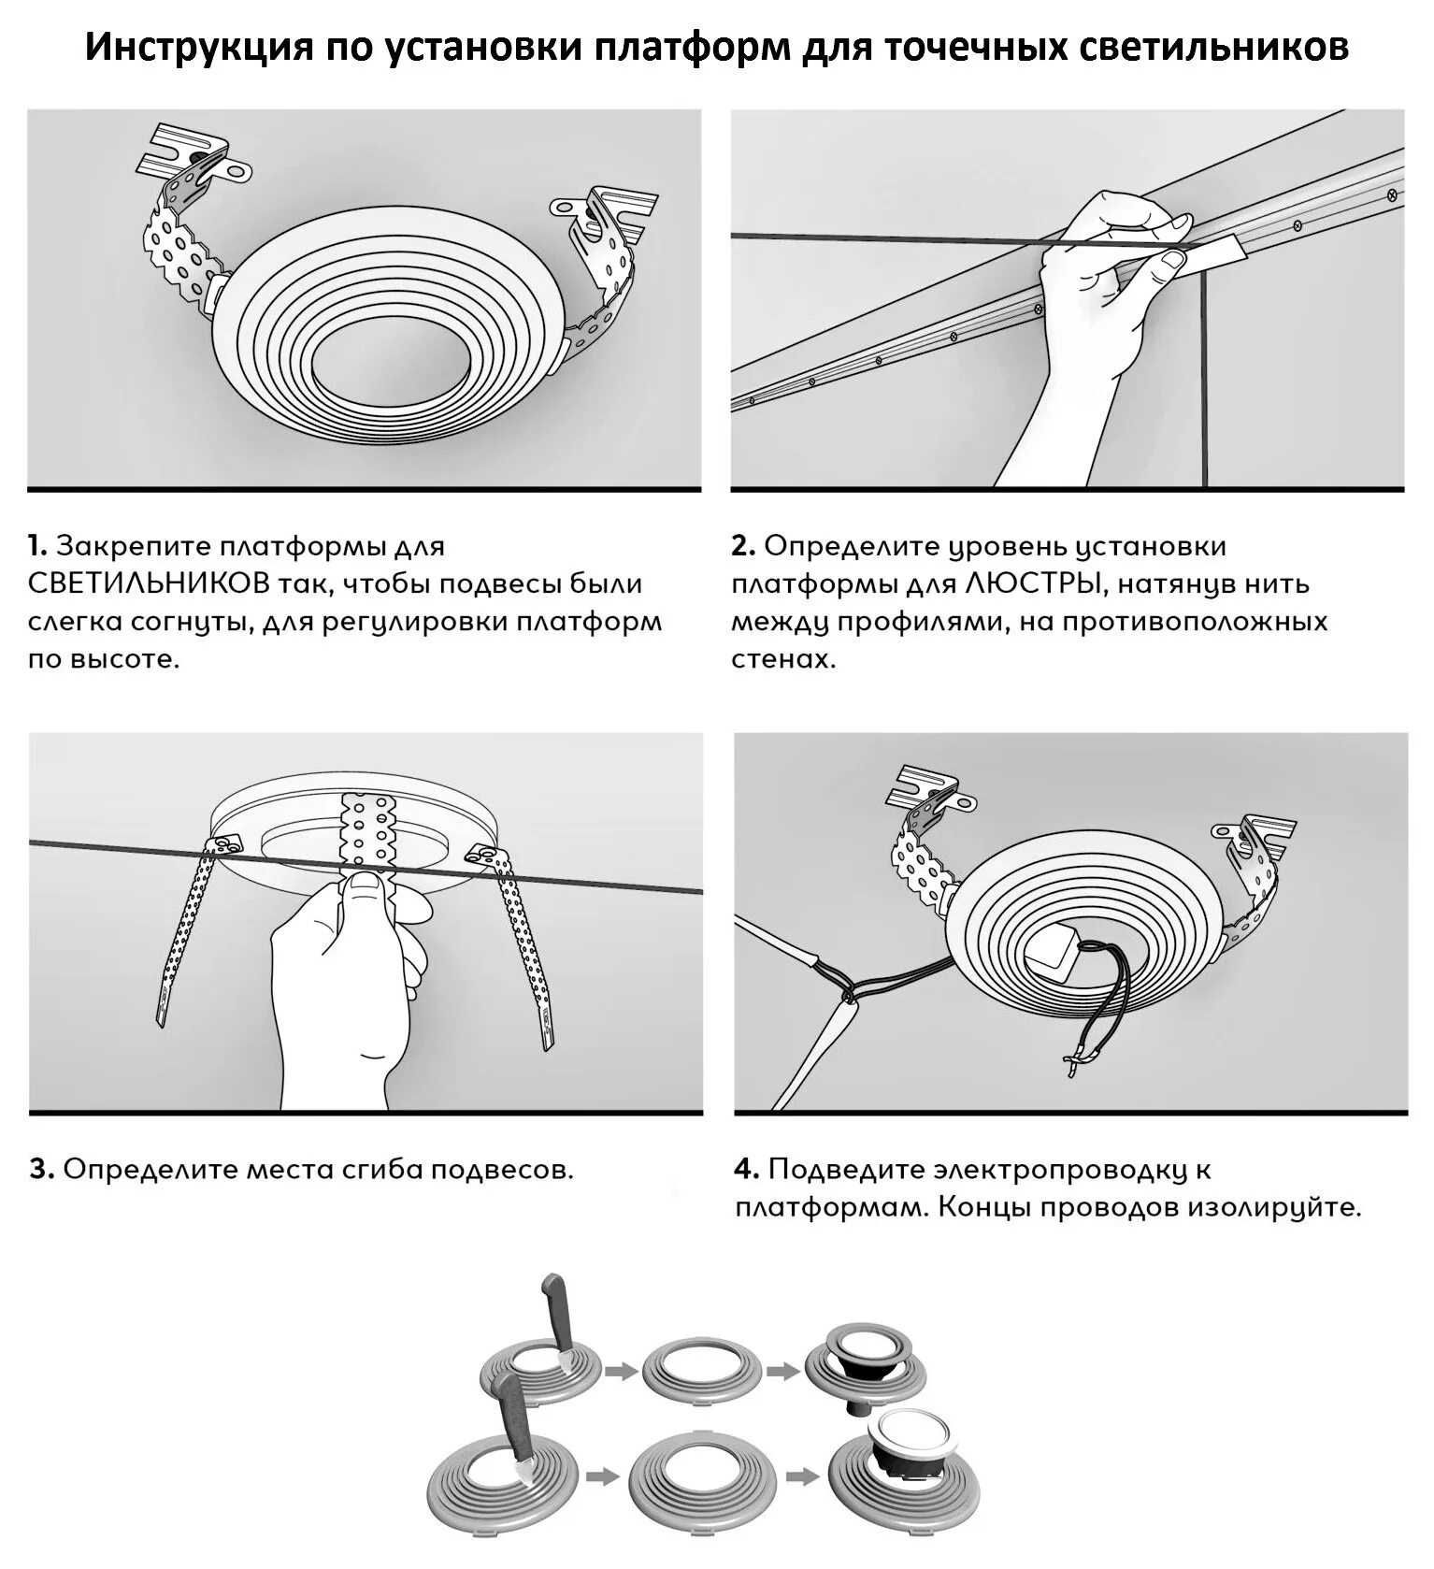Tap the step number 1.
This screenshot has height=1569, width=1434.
point(36,546)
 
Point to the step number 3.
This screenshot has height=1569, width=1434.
point(41,1170)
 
